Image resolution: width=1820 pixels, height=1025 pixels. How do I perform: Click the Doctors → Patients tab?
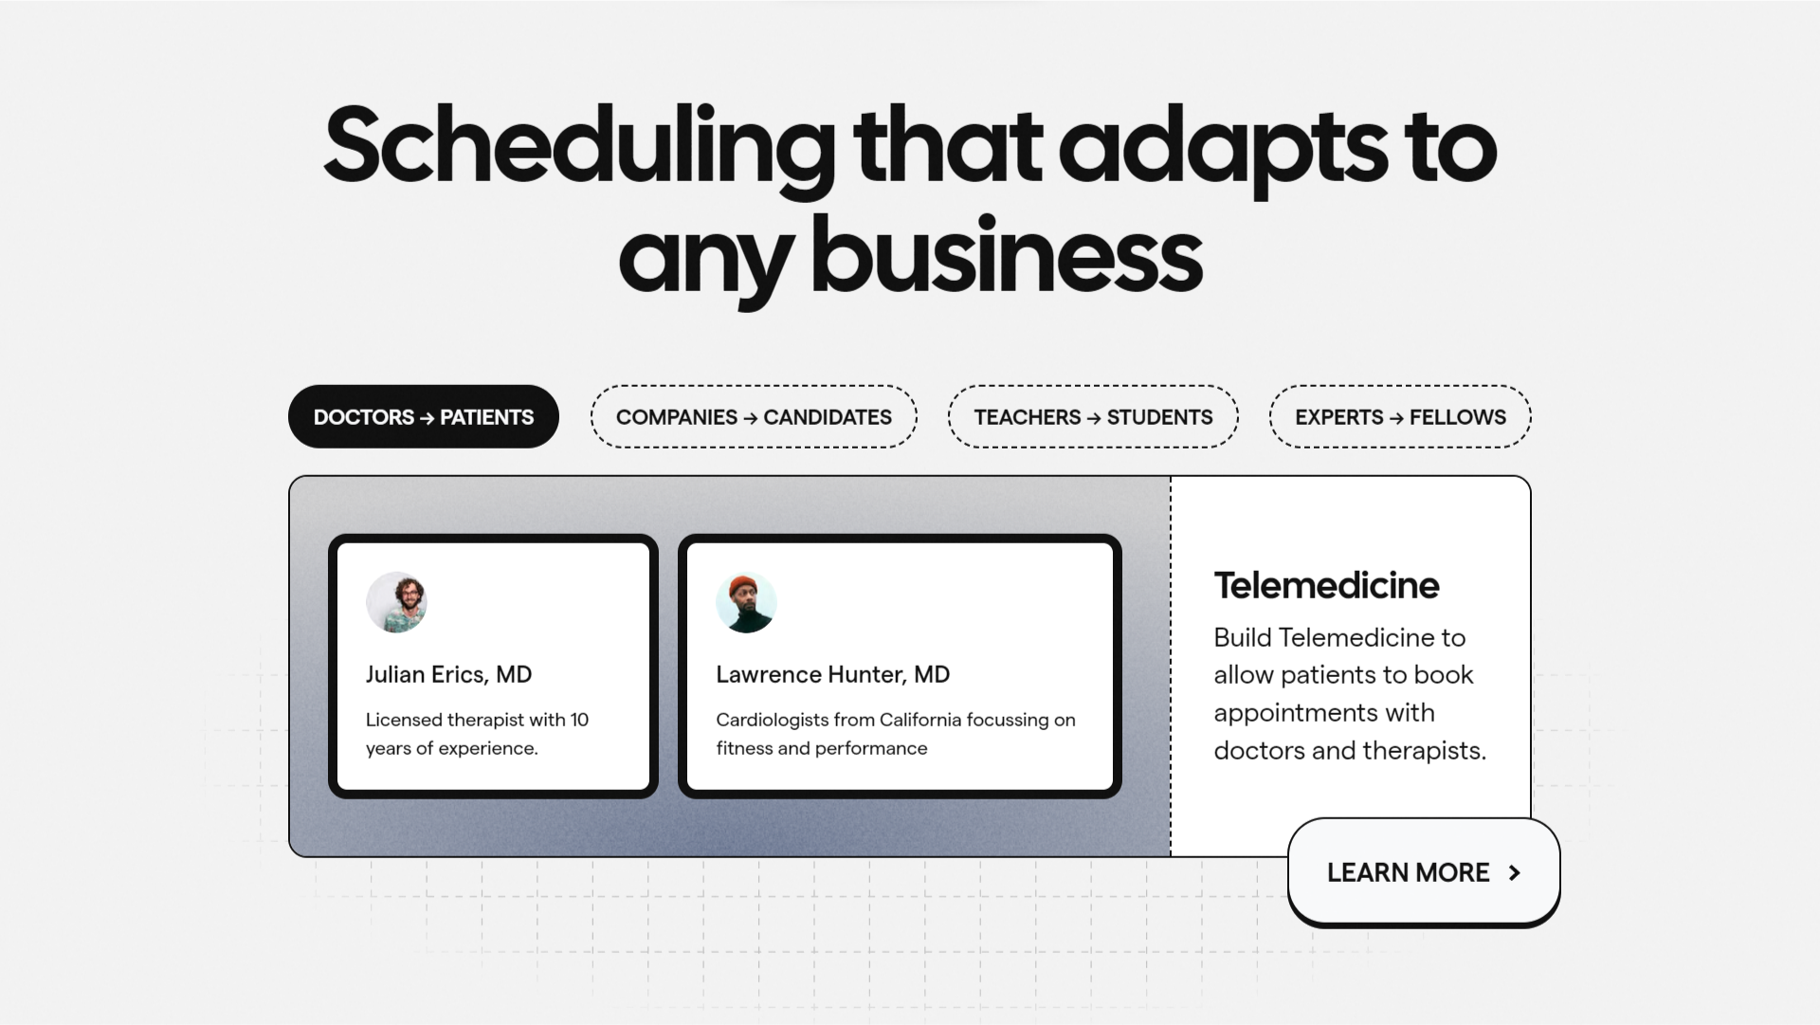point(424,416)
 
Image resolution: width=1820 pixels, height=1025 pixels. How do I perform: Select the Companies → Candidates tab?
point(754,416)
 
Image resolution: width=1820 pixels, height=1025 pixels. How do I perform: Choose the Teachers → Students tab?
point(1093,416)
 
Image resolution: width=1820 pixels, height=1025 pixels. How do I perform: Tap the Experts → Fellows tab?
point(1400,416)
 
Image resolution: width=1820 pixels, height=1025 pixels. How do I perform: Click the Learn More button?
point(1424,871)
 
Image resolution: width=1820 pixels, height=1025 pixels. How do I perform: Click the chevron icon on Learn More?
point(1515,872)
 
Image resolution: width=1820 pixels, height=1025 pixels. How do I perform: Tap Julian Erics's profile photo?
point(396,602)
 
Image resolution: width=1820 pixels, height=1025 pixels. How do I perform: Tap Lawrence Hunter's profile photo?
point(746,602)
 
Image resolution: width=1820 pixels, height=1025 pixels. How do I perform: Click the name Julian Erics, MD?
point(448,674)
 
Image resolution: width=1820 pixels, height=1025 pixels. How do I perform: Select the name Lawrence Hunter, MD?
point(832,674)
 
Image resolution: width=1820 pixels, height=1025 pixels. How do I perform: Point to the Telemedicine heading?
point(1326,585)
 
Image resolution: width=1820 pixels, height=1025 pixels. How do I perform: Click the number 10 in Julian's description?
point(579,720)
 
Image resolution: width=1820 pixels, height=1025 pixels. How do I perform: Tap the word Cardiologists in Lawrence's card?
point(773,721)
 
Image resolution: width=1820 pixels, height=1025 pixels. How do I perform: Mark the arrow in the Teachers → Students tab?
point(1094,417)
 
